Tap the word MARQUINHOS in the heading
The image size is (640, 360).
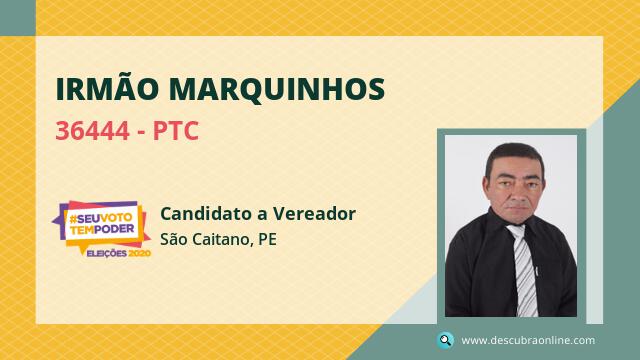point(277,90)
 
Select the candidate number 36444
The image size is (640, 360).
point(92,131)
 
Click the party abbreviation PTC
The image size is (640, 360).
point(176,131)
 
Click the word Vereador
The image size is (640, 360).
point(314,213)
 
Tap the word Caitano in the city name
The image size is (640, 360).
point(221,240)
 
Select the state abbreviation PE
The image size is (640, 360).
point(267,239)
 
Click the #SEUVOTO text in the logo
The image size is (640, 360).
point(100,219)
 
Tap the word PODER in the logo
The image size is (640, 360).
point(114,229)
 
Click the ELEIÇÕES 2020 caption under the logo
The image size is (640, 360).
point(118,253)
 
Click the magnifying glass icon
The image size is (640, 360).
point(445,340)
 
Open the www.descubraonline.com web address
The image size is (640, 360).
point(528,340)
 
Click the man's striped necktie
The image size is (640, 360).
point(524,270)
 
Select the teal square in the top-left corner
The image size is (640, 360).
point(18,18)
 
